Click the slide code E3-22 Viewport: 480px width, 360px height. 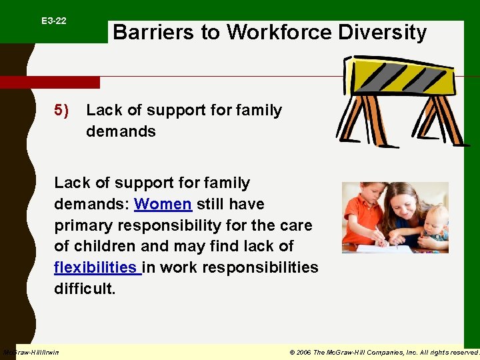click(x=53, y=21)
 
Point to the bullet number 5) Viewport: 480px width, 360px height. click(x=61, y=110)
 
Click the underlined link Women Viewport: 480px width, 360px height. click(x=163, y=204)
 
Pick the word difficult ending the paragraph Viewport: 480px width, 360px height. click(x=85, y=289)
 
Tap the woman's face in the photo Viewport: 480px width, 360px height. click(x=403, y=203)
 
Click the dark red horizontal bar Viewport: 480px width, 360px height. click(x=50, y=83)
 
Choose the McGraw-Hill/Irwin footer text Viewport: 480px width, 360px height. click(x=31, y=352)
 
